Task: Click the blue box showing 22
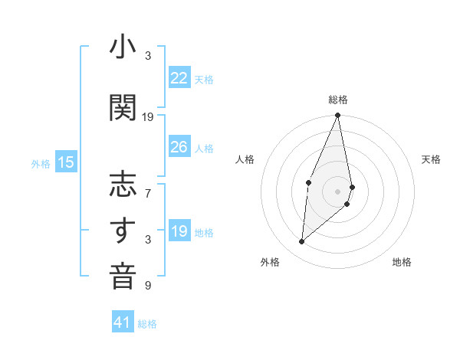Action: point(179,78)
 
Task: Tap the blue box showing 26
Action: point(179,147)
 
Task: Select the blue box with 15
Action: point(65,162)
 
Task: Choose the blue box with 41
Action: point(123,322)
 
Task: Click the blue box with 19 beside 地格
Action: point(179,231)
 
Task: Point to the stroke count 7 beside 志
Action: point(148,186)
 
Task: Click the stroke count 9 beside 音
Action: point(148,286)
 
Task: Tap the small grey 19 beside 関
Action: point(148,117)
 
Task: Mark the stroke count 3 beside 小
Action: point(148,56)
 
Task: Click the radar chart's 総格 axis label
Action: point(337,100)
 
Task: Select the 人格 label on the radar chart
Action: point(245,159)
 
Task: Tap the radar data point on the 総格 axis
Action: point(337,116)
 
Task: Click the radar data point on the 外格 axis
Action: point(302,241)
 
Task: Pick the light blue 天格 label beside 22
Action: point(204,79)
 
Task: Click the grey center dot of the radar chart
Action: point(337,190)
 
